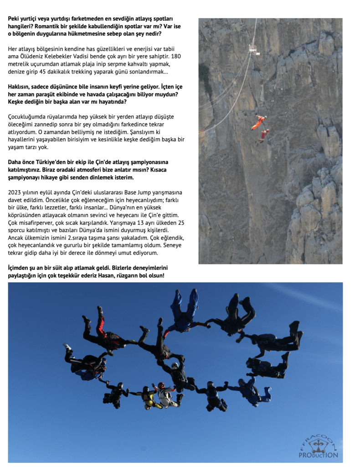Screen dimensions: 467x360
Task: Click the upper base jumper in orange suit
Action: point(260,122)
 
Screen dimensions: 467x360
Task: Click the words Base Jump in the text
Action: point(132,192)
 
